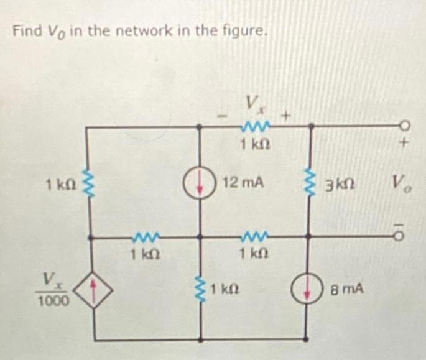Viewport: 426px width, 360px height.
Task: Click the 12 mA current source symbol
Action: (200, 182)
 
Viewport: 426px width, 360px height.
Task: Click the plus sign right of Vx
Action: (286, 116)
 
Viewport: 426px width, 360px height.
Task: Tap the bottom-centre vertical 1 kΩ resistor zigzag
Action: (200, 288)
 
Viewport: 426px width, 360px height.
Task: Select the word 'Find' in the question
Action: (24, 30)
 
